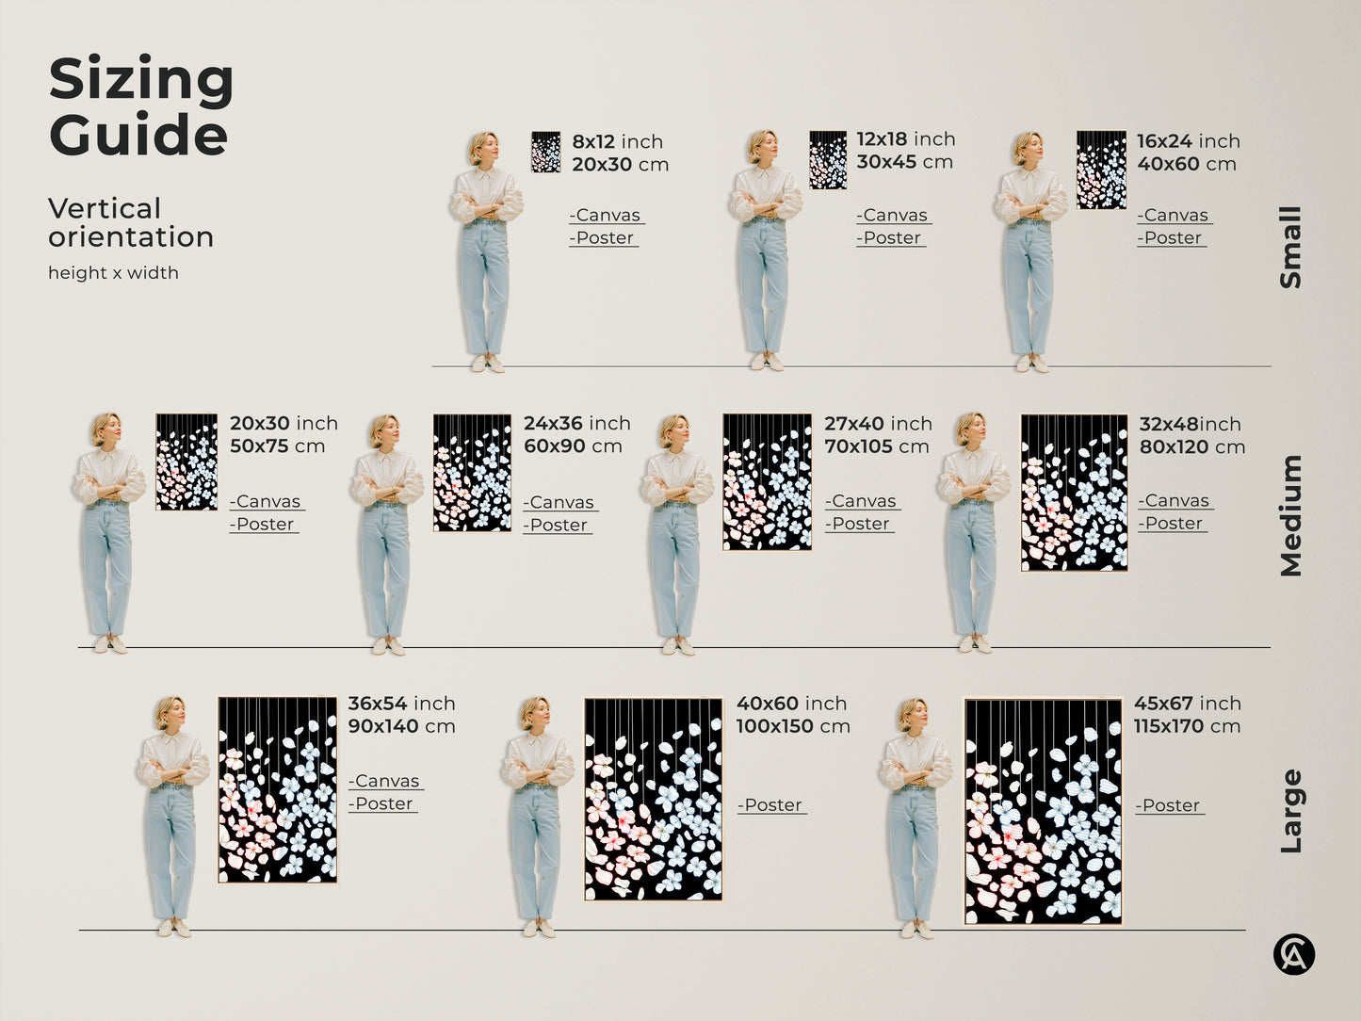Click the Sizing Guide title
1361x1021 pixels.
click(140, 105)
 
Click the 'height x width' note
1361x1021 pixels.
click(113, 273)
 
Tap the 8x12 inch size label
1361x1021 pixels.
click(617, 141)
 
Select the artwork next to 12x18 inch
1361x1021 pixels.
click(828, 160)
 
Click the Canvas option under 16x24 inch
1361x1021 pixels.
click(1175, 216)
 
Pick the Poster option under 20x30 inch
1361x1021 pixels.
click(265, 525)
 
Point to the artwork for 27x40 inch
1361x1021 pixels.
click(767, 481)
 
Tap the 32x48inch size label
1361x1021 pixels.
click(1190, 424)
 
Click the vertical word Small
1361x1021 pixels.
click(1290, 247)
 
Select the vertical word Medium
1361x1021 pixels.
click(1290, 515)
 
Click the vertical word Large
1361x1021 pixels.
click(1290, 811)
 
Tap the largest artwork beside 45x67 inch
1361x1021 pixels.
click(1043, 811)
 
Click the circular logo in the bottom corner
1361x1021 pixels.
click(1293, 955)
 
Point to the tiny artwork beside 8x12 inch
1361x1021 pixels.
click(545, 153)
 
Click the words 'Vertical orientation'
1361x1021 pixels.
click(131, 222)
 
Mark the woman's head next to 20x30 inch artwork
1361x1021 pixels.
click(106, 429)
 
